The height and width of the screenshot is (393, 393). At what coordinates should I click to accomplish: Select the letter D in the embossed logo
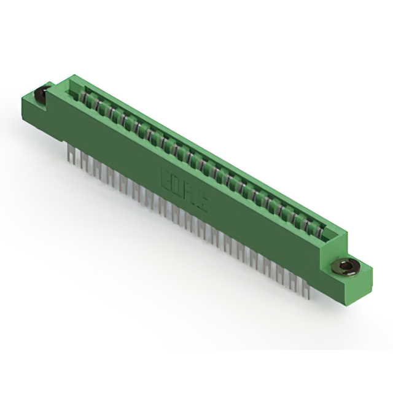point(177,187)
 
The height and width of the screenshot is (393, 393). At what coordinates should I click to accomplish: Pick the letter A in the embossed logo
point(189,194)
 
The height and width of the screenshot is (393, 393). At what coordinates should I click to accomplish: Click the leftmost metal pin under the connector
point(69,151)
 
